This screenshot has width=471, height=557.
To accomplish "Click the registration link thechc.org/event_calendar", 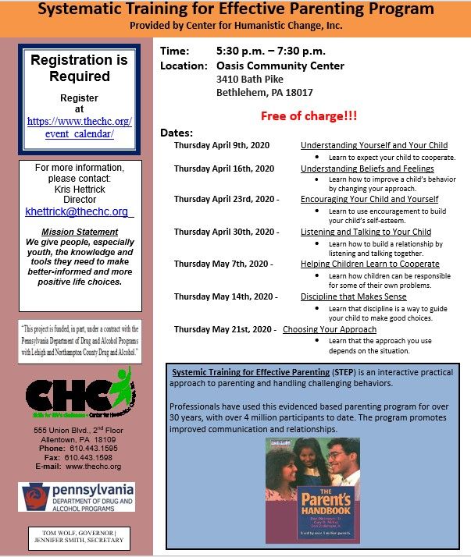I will coord(80,127).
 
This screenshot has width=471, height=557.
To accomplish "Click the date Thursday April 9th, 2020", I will coord(223,146).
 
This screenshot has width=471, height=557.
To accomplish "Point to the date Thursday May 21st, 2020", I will coord(223,329).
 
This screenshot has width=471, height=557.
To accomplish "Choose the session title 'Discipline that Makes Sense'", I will coord(353,296).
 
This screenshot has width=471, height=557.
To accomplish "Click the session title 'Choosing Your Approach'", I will coord(330,329).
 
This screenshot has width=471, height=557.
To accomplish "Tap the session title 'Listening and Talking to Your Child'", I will coord(366,232).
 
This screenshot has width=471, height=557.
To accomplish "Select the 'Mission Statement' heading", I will coord(80,232).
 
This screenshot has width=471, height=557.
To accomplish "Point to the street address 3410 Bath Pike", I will coord(251,80).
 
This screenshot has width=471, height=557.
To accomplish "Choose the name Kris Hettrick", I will coord(80,189).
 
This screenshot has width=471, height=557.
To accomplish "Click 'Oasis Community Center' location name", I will coord(280,66).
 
